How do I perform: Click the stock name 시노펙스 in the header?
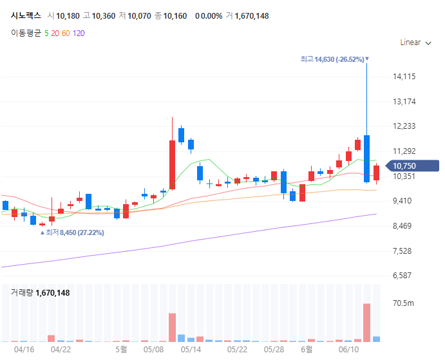[x=26, y=15]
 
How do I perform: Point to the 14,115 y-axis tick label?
[x=404, y=77]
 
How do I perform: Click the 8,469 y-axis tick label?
[x=404, y=226]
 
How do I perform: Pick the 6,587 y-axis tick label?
[x=404, y=276]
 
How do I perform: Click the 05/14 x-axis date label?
[x=191, y=350]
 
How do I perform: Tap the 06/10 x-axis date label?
[x=348, y=350]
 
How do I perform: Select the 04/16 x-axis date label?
[x=24, y=350]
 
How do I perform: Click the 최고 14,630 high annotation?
[x=332, y=59]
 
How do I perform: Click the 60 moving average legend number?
[x=66, y=32]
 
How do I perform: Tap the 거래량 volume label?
[x=22, y=293]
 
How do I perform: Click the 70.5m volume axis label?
[x=404, y=303]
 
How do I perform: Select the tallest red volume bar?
[x=366, y=322]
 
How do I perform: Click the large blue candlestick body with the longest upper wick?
[x=366, y=158]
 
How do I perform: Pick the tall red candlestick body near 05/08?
[x=172, y=164]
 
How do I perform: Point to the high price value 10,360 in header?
[x=103, y=15]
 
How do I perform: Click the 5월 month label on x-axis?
[x=121, y=350]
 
